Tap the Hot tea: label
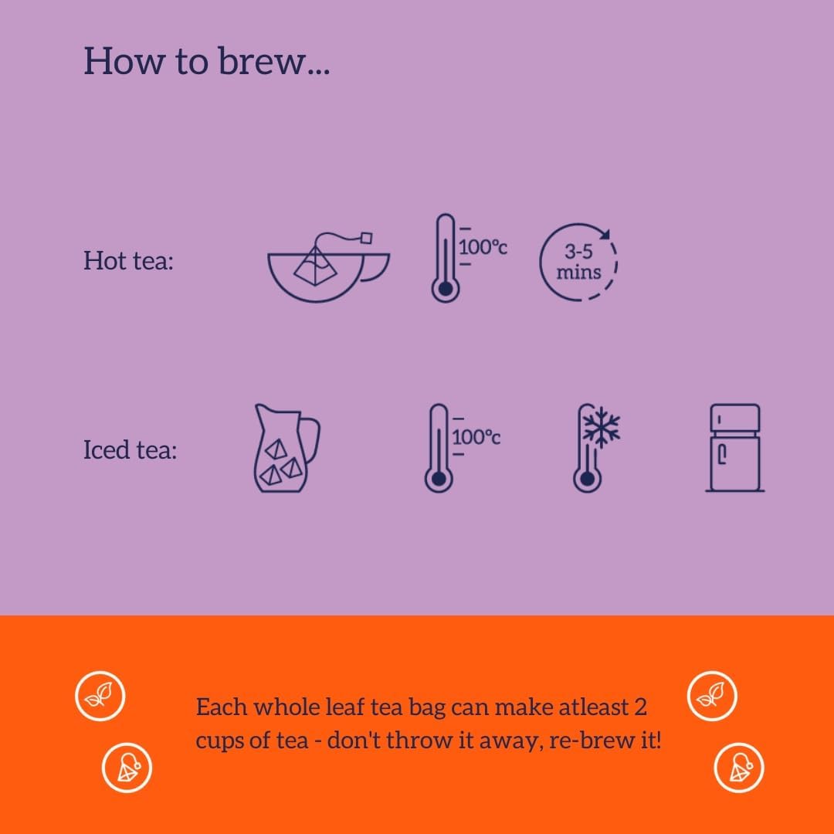(128, 261)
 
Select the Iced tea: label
(130, 449)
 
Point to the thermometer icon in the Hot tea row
(444, 258)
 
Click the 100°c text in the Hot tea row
(483, 248)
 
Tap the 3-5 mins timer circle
(579, 263)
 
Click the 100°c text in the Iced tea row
(476, 437)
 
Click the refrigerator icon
(734, 448)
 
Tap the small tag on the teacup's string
(368, 238)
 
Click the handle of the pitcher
(310, 437)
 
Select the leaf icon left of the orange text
(100, 697)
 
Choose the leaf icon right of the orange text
(712, 697)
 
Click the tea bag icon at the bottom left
(127, 768)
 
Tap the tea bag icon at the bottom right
(738, 768)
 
